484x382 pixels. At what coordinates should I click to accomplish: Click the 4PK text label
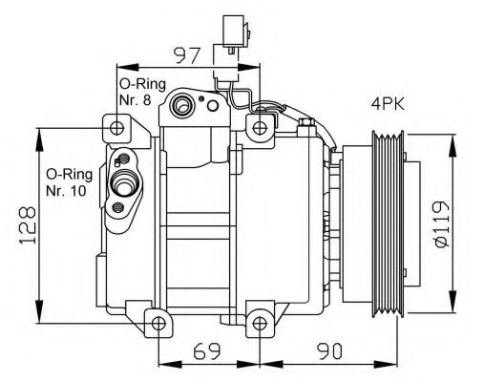(389, 103)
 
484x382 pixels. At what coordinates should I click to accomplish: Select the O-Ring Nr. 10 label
(69, 182)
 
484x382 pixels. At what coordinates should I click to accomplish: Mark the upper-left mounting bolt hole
(116, 128)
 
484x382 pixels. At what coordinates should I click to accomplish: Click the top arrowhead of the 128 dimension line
(38, 134)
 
